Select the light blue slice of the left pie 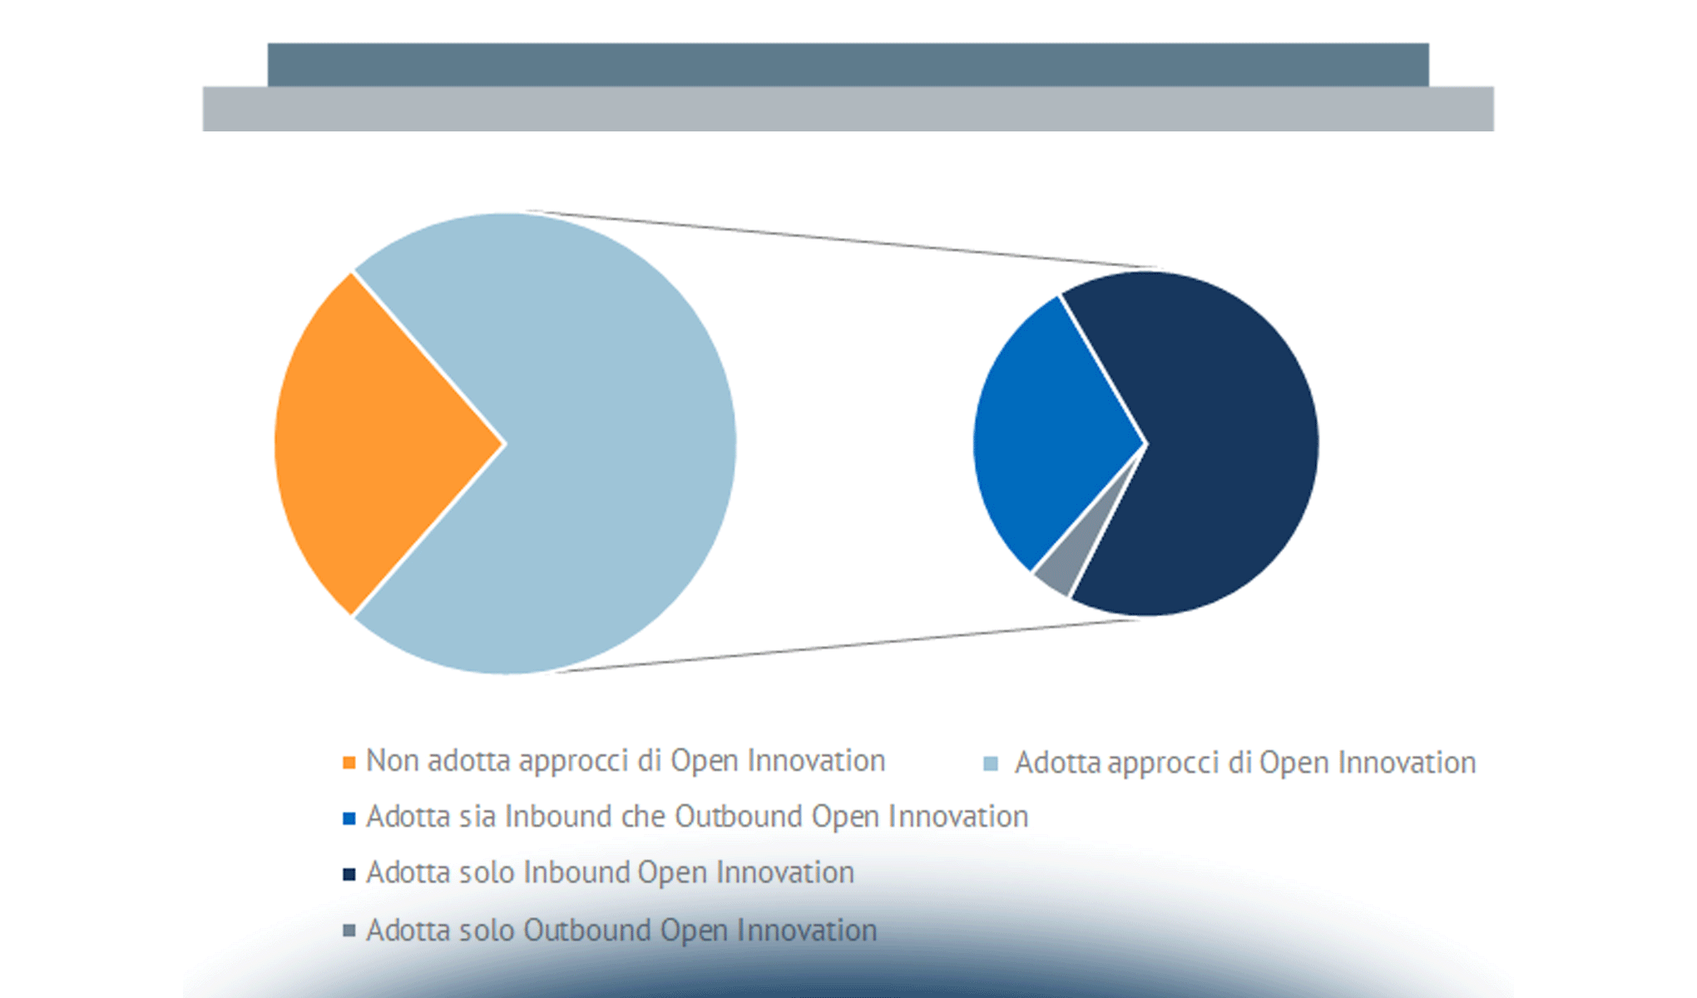point(599,443)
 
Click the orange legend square point(349,762)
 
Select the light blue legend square point(990,763)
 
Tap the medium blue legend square point(349,818)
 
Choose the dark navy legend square point(349,874)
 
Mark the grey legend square point(349,931)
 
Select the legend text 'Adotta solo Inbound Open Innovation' point(610,872)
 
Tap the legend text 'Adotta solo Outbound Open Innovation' point(621,931)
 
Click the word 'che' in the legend point(644,817)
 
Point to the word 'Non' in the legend point(393,761)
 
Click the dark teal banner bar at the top point(848,65)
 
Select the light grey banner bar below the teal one point(848,109)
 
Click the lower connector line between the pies point(848,645)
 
